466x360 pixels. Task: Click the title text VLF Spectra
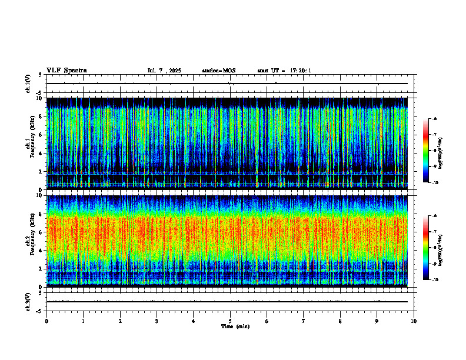click(66, 71)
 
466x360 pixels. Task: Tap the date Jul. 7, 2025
click(164, 71)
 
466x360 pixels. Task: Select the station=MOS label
click(218, 71)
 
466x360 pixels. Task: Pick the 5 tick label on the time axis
click(230, 321)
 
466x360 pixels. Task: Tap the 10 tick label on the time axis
click(414, 321)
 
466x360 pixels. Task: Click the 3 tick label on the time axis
click(157, 321)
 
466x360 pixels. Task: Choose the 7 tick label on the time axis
click(304, 321)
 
